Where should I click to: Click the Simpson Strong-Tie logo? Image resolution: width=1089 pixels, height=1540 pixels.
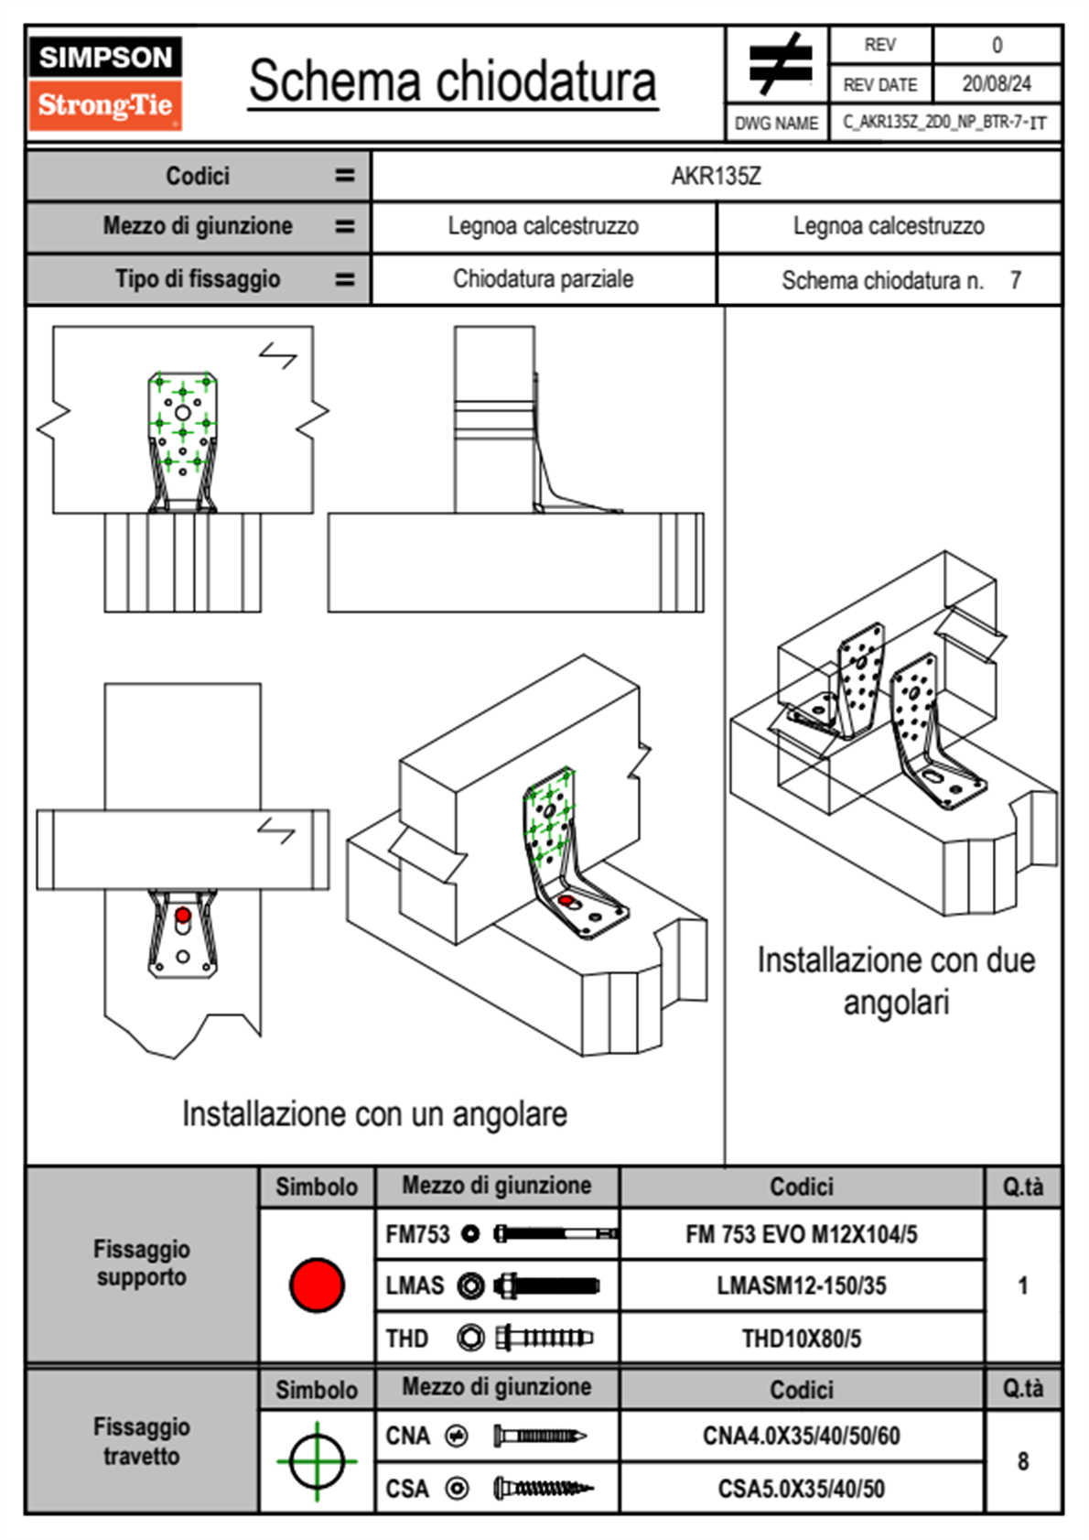104,83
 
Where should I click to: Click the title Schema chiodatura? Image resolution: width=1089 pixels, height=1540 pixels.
452,81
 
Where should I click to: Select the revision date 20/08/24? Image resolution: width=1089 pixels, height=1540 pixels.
996,84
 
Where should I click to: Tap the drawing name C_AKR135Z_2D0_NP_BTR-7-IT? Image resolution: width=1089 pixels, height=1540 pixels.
944,123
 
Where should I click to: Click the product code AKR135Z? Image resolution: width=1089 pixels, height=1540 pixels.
716,176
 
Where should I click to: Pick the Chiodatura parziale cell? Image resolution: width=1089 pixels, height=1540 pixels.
543,279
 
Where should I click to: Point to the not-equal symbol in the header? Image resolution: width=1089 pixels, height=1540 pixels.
778,64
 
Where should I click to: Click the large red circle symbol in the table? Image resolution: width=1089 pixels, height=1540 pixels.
317,1285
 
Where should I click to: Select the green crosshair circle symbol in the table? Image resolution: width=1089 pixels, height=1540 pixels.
317,1461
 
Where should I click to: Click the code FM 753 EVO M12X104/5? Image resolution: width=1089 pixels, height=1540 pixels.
801,1234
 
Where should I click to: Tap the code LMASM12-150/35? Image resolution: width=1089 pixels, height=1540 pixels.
801,1285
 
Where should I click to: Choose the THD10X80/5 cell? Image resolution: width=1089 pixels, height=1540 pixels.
801,1339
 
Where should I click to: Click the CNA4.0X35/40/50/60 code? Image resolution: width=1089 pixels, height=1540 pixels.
801,1436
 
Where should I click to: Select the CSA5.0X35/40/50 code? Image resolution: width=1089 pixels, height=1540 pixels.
801,1489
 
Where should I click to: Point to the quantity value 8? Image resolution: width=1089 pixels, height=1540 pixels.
1022,1461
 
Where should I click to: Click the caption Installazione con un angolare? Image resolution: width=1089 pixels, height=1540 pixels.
374,1114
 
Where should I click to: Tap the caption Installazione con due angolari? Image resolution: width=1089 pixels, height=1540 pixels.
896,981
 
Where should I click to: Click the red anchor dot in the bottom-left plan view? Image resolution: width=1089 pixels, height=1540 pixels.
183,915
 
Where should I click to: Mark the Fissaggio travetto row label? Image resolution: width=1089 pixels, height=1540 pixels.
142,1441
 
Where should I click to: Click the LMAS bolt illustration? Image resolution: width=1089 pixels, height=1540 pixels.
546,1285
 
